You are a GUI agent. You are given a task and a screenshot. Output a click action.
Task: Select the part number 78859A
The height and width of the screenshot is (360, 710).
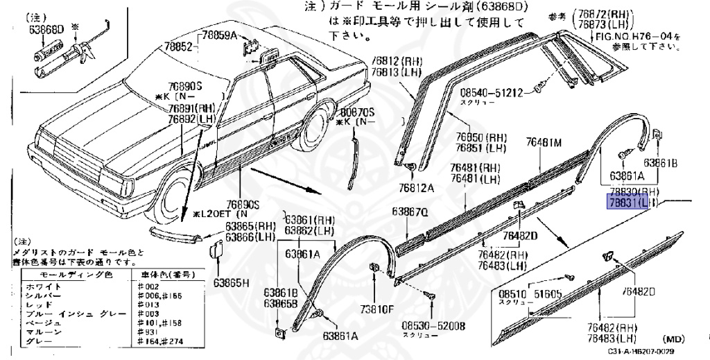click(219, 35)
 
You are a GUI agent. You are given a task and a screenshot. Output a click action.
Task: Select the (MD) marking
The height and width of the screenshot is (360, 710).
click(673, 339)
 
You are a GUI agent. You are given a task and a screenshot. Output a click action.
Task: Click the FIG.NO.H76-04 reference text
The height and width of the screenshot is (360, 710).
click(637, 37)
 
